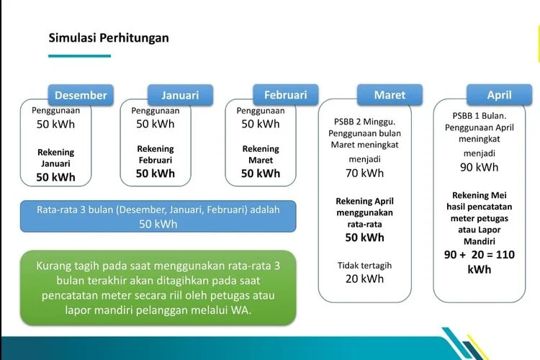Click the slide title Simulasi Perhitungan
click(109, 37)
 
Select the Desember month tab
click(81, 95)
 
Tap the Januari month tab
click(180, 95)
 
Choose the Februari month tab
click(285, 95)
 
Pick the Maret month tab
click(390, 95)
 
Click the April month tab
click(499, 95)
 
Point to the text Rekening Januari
click(55, 158)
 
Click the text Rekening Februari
click(156, 154)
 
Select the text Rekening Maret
click(261, 154)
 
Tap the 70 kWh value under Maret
click(364, 173)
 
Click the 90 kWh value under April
click(479, 167)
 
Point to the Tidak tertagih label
click(364, 266)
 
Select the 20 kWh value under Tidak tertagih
click(364, 279)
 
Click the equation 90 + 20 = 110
click(480, 255)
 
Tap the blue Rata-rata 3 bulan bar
click(158, 216)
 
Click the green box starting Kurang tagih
click(158, 288)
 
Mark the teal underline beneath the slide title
click(79, 55)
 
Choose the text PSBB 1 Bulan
click(479, 116)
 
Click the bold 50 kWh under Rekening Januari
click(55, 176)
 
